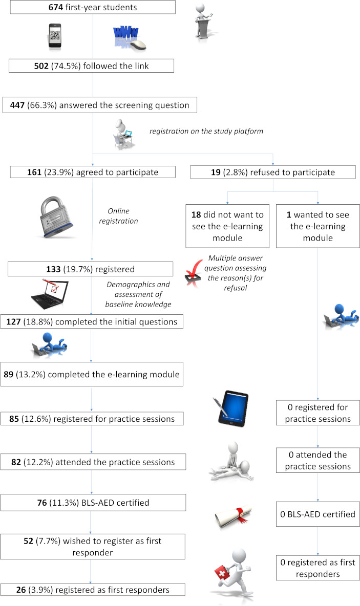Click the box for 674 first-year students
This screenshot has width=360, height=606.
click(92, 8)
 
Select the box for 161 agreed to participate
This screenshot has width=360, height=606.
click(92, 172)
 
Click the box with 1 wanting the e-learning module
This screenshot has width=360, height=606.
click(318, 225)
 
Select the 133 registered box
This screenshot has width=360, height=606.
click(92, 269)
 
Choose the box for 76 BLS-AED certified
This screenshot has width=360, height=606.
click(92, 503)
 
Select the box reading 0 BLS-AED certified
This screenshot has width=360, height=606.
click(317, 513)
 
